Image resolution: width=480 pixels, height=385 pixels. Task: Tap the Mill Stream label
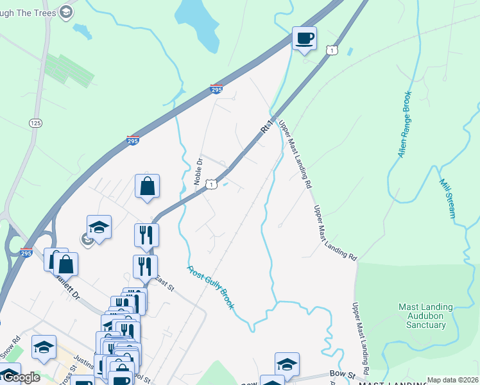pos(447,198)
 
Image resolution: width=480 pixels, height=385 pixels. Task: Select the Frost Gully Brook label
pos(211,287)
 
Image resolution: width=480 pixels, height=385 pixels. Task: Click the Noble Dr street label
pos(198,171)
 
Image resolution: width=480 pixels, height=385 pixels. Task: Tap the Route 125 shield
pos(35,122)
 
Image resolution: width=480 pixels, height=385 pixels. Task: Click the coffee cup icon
pos(304,38)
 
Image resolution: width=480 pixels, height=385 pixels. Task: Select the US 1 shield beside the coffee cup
pos(331,50)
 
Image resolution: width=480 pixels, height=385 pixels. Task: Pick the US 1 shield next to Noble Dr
pos(211,185)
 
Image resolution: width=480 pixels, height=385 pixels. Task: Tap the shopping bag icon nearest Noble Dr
pos(147,186)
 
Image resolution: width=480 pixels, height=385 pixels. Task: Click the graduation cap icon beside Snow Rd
pos(44,347)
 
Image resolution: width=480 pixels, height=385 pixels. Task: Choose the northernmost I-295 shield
pos(216,90)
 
